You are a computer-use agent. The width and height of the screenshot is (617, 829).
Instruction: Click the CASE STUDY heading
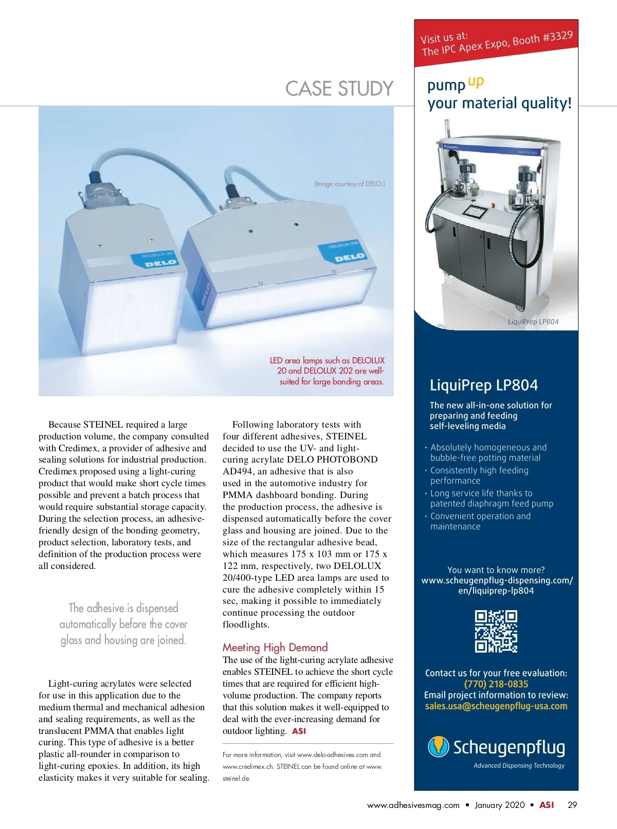339,88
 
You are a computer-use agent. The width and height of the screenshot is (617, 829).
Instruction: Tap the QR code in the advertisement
496,631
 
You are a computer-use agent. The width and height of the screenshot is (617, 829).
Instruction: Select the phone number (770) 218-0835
496,684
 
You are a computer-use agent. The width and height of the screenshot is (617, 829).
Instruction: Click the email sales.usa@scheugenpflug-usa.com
496,706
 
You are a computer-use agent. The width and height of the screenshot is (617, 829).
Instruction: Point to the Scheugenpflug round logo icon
439,747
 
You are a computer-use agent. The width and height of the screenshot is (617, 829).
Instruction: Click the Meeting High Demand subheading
275,647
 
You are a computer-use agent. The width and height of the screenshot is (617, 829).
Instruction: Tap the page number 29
572,805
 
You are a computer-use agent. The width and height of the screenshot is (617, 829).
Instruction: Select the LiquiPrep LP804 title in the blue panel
484,385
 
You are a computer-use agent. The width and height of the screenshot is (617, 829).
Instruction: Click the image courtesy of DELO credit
349,183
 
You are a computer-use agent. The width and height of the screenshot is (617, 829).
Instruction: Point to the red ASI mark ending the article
299,731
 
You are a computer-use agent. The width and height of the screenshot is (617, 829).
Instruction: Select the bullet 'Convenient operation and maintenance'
480,521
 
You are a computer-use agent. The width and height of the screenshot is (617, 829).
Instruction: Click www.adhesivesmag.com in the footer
413,805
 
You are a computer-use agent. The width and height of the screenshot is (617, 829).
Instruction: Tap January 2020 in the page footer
499,805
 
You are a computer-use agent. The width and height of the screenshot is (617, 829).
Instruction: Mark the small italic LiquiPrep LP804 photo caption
533,322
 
